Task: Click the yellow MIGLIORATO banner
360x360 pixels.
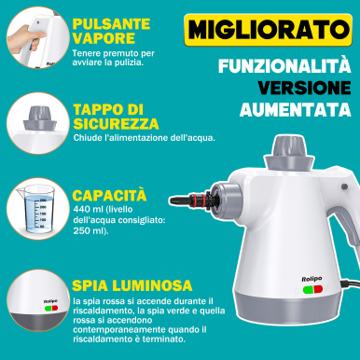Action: (x=268, y=30)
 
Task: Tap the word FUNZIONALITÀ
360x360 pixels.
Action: (x=284, y=65)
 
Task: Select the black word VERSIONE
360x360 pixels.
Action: (x=304, y=88)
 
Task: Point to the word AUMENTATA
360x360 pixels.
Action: (x=296, y=109)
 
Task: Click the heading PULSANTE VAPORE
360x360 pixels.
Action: (x=111, y=31)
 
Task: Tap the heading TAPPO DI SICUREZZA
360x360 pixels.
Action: (x=116, y=117)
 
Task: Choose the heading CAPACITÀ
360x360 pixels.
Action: (x=109, y=195)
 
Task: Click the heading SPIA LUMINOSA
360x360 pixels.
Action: (x=132, y=285)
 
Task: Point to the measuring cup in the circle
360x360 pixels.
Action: (x=35, y=208)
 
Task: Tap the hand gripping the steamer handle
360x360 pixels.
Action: (x=24, y=39)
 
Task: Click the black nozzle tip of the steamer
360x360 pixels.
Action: (x=178, y=200)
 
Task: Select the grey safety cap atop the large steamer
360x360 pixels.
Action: (x=288, y=153)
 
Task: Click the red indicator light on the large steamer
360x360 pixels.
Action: (x=318, y=290)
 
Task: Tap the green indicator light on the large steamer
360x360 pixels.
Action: (x=308, y=290)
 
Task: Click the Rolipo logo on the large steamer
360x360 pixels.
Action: (x=312, y=279)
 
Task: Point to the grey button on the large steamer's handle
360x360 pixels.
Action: (x=344, y=187)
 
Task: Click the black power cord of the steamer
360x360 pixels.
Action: (x=350, y=284)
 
